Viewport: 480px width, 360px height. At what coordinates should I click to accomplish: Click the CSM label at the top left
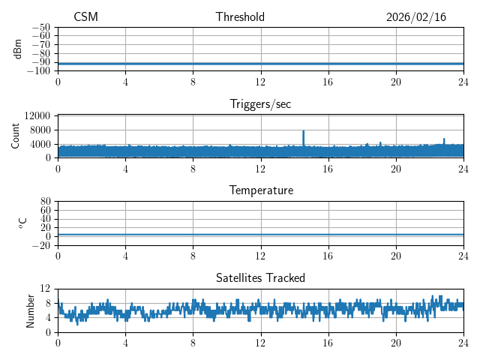(x=85, y=17)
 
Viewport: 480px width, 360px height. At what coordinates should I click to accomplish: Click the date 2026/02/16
(x=416, y=17)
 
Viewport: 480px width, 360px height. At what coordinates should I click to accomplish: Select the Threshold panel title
(x=240, y=17)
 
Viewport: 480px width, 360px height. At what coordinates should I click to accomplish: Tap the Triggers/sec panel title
(x=260, y=104)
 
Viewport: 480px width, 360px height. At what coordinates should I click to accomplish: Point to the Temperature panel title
(x=260, y=190)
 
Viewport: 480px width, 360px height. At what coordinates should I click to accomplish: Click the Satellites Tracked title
(x=260, y=278)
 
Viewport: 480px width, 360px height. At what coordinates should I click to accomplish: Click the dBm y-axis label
(x=18, y=49)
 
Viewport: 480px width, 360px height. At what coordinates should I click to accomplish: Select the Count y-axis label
(x=15, y=136)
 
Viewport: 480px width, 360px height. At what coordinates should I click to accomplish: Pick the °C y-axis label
(x=22, y=223)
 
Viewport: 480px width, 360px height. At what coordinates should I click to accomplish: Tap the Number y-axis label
(x=30, y=310)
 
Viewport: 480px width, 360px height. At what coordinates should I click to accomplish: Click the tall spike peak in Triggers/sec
(x=303, y=131)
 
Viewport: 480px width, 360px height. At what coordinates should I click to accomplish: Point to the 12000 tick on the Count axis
(x=37, y=116)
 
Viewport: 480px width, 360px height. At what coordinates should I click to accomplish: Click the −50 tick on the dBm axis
(x=41, y=27)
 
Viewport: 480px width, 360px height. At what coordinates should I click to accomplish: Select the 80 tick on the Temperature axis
(x=45, y=202)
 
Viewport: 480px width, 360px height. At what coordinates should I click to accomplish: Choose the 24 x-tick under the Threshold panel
(x=463, y=81)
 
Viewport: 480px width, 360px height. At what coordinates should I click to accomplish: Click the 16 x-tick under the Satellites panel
(x=328, y=342)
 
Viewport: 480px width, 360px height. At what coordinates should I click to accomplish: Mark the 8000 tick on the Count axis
(x=40, y=130)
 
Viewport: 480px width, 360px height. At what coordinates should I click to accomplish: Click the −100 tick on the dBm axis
(x=39, y=70)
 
